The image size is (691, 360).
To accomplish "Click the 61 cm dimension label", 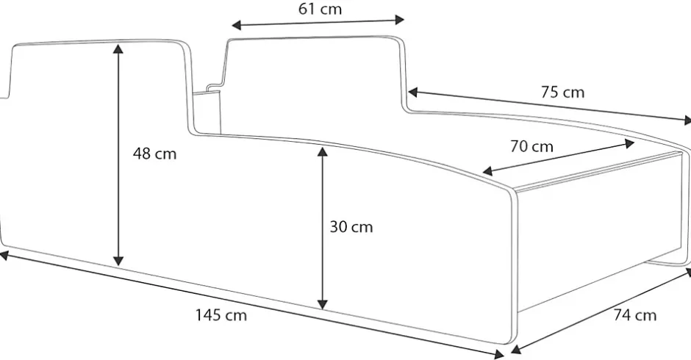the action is tap(320, 9).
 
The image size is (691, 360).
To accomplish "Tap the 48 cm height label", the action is tap(154, 154).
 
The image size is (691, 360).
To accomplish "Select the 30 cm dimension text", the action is tap(351, 227).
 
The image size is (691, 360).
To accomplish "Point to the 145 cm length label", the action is tap(221, 315).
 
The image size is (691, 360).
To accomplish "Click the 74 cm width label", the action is tap(635, 315).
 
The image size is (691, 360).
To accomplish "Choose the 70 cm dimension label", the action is tap(532, 146).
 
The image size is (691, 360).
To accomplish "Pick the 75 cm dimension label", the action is tap(563, 92).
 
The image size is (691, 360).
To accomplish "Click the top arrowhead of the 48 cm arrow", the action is tap(118, 48).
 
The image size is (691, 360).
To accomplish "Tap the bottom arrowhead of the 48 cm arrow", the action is tap(118, 261).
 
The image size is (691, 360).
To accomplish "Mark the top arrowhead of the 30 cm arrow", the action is tap(323, 152).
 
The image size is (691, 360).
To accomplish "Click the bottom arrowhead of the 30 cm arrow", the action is tap(323, 304).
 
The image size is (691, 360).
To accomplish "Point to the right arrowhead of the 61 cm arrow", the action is tap(399, 19).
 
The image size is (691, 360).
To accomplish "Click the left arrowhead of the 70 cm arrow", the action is tap(487, 171).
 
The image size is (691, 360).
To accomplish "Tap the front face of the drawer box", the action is tap(598, 229).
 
